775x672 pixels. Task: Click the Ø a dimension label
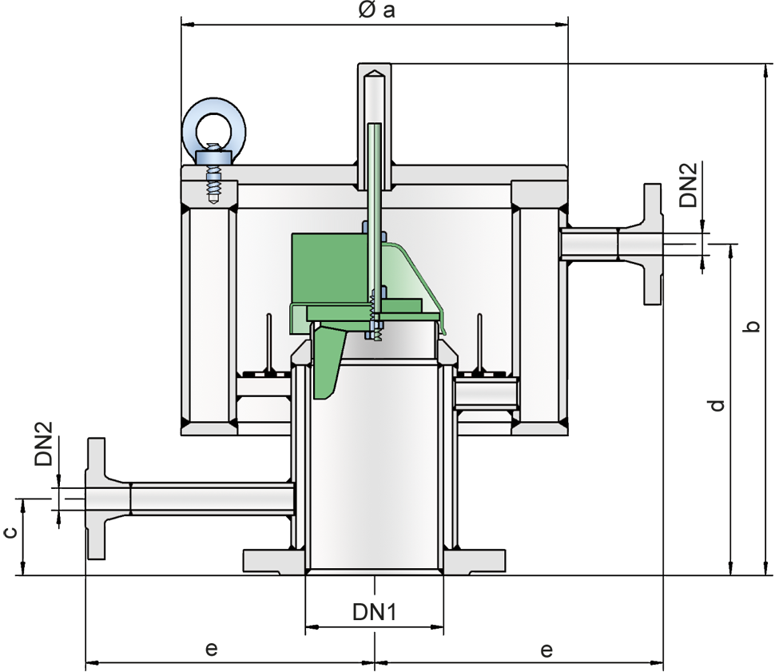tap(376, 10)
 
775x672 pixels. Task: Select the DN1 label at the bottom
tap(374, 612)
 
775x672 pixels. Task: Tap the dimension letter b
tap(752, 326)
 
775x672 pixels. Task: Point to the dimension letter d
tap(717, 405)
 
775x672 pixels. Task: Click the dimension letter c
tap(10, 532)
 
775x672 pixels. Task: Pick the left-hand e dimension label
tap(212, 648)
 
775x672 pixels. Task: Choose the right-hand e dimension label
tap(546, 650)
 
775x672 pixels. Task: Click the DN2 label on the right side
tap(688, 185)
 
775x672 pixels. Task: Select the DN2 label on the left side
tap(43, 443)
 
